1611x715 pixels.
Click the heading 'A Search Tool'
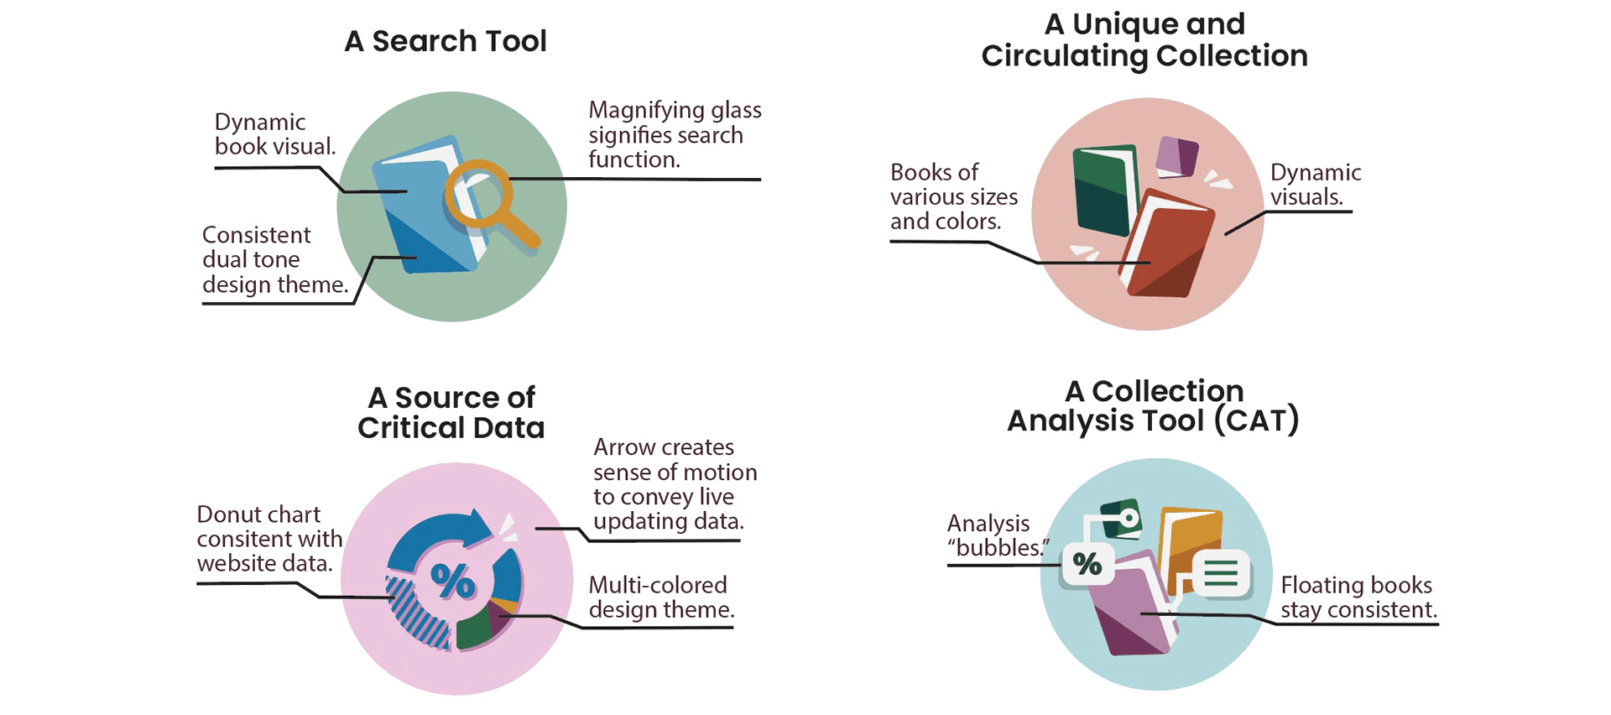(446, 41)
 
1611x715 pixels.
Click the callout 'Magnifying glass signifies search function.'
(675, 134)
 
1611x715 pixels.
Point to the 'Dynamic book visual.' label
(274, 134)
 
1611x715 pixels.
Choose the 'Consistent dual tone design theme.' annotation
(273, 260)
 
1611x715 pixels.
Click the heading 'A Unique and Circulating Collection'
(1144, 40)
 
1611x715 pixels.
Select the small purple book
(1176, 157)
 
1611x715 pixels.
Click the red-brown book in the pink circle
(1169, 246)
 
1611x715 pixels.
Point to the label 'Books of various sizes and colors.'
(953, 197)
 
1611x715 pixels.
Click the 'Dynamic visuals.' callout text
(1314, 185)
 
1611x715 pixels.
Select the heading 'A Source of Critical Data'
(451, 412)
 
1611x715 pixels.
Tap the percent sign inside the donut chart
(452, 579)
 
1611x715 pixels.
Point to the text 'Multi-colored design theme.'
(660, 597)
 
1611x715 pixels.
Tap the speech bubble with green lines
(1221, 574)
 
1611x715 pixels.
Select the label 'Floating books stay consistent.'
(1356, 597)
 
